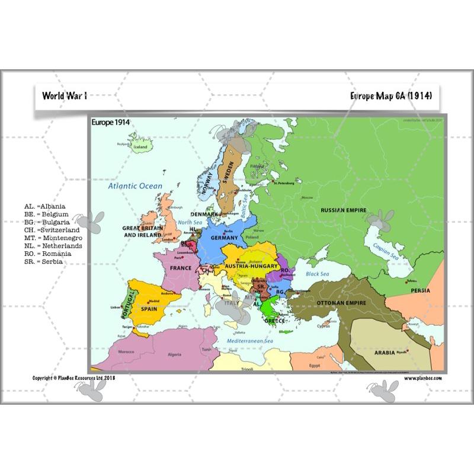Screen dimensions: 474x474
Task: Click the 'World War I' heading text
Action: click(x=65, y=95)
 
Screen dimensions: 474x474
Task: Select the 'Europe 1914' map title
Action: click(x=111, y=123)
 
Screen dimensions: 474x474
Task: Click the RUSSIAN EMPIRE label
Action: click(x=343, y=210)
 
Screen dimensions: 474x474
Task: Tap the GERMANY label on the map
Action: click(x=224, y=238)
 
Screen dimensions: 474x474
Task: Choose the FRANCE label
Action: click(x=181, y=268)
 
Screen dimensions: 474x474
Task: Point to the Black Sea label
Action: click(x=317, y=274)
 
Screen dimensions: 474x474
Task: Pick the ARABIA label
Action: click(x=384, y=353)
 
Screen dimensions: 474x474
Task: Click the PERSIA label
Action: click(x=420, y=291)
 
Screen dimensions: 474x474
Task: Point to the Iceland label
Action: click(x=140, y=147)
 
